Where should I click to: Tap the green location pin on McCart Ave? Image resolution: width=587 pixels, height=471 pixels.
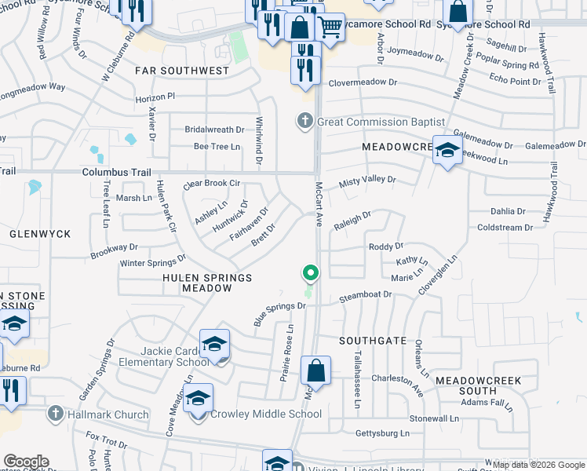[x=311, y=273]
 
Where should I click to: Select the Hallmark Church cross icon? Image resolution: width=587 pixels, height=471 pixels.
[x=55, y=414]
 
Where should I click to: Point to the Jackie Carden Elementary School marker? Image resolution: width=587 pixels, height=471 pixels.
[x=214, y=345]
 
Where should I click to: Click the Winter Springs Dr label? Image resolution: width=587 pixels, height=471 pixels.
[x=153, y=260]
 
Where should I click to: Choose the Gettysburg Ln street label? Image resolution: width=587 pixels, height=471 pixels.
[x=383, y=433]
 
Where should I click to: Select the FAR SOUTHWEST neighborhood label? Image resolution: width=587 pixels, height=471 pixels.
[x=182, y=71]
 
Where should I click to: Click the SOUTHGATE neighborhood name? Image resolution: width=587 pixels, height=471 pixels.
[x=373, y=341]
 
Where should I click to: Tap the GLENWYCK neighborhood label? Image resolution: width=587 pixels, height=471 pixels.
[x=40, y=234]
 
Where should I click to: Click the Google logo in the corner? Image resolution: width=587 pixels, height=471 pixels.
[x=26, y=462]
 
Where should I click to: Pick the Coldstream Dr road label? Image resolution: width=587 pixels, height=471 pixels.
[x=505, y=228]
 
